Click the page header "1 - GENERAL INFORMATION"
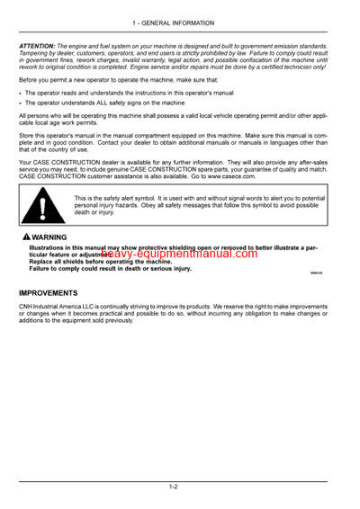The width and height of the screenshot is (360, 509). (x=179, y=22)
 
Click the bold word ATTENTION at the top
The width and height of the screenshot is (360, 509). (x=39, y=46)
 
